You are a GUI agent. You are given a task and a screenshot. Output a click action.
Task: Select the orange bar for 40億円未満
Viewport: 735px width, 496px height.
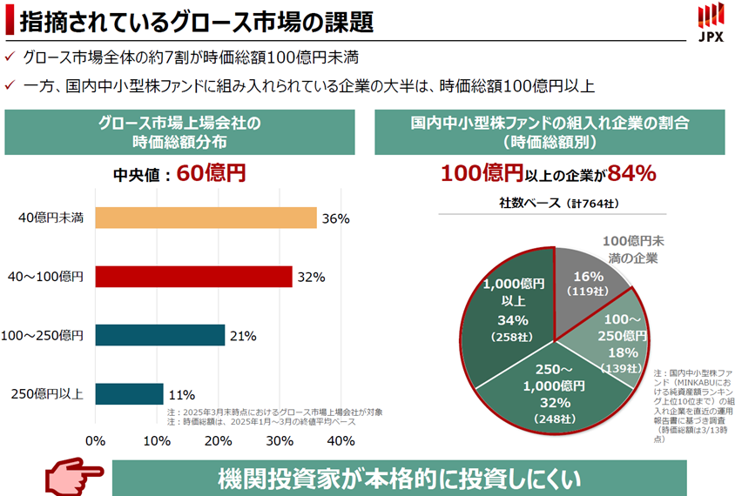[206, 218]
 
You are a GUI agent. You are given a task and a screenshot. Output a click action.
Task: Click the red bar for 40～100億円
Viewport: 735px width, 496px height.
[193, 277]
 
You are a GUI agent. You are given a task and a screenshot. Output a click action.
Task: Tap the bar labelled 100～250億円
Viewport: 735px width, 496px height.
[159, 335]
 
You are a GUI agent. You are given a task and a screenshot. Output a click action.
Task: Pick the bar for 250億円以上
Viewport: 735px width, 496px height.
[129, 393]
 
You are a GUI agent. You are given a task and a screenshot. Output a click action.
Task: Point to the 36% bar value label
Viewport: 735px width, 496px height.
[335, 219]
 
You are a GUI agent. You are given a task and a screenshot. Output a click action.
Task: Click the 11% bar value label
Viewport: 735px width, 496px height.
[181, 394]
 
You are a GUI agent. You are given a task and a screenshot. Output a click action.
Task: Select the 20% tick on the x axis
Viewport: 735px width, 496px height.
[218, 440]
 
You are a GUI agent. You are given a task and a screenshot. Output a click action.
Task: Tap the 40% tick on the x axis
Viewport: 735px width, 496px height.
[341, 440]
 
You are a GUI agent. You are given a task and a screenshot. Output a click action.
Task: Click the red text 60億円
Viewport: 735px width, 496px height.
[211, 173]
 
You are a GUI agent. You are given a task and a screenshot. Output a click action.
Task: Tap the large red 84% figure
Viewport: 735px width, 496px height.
[631, 173]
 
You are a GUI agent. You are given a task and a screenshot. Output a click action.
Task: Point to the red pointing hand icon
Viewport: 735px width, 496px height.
[74, 478]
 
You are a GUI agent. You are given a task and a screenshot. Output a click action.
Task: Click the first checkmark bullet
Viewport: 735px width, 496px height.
[10, 57]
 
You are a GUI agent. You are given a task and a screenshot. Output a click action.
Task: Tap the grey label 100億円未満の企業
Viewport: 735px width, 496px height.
[633, 248]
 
